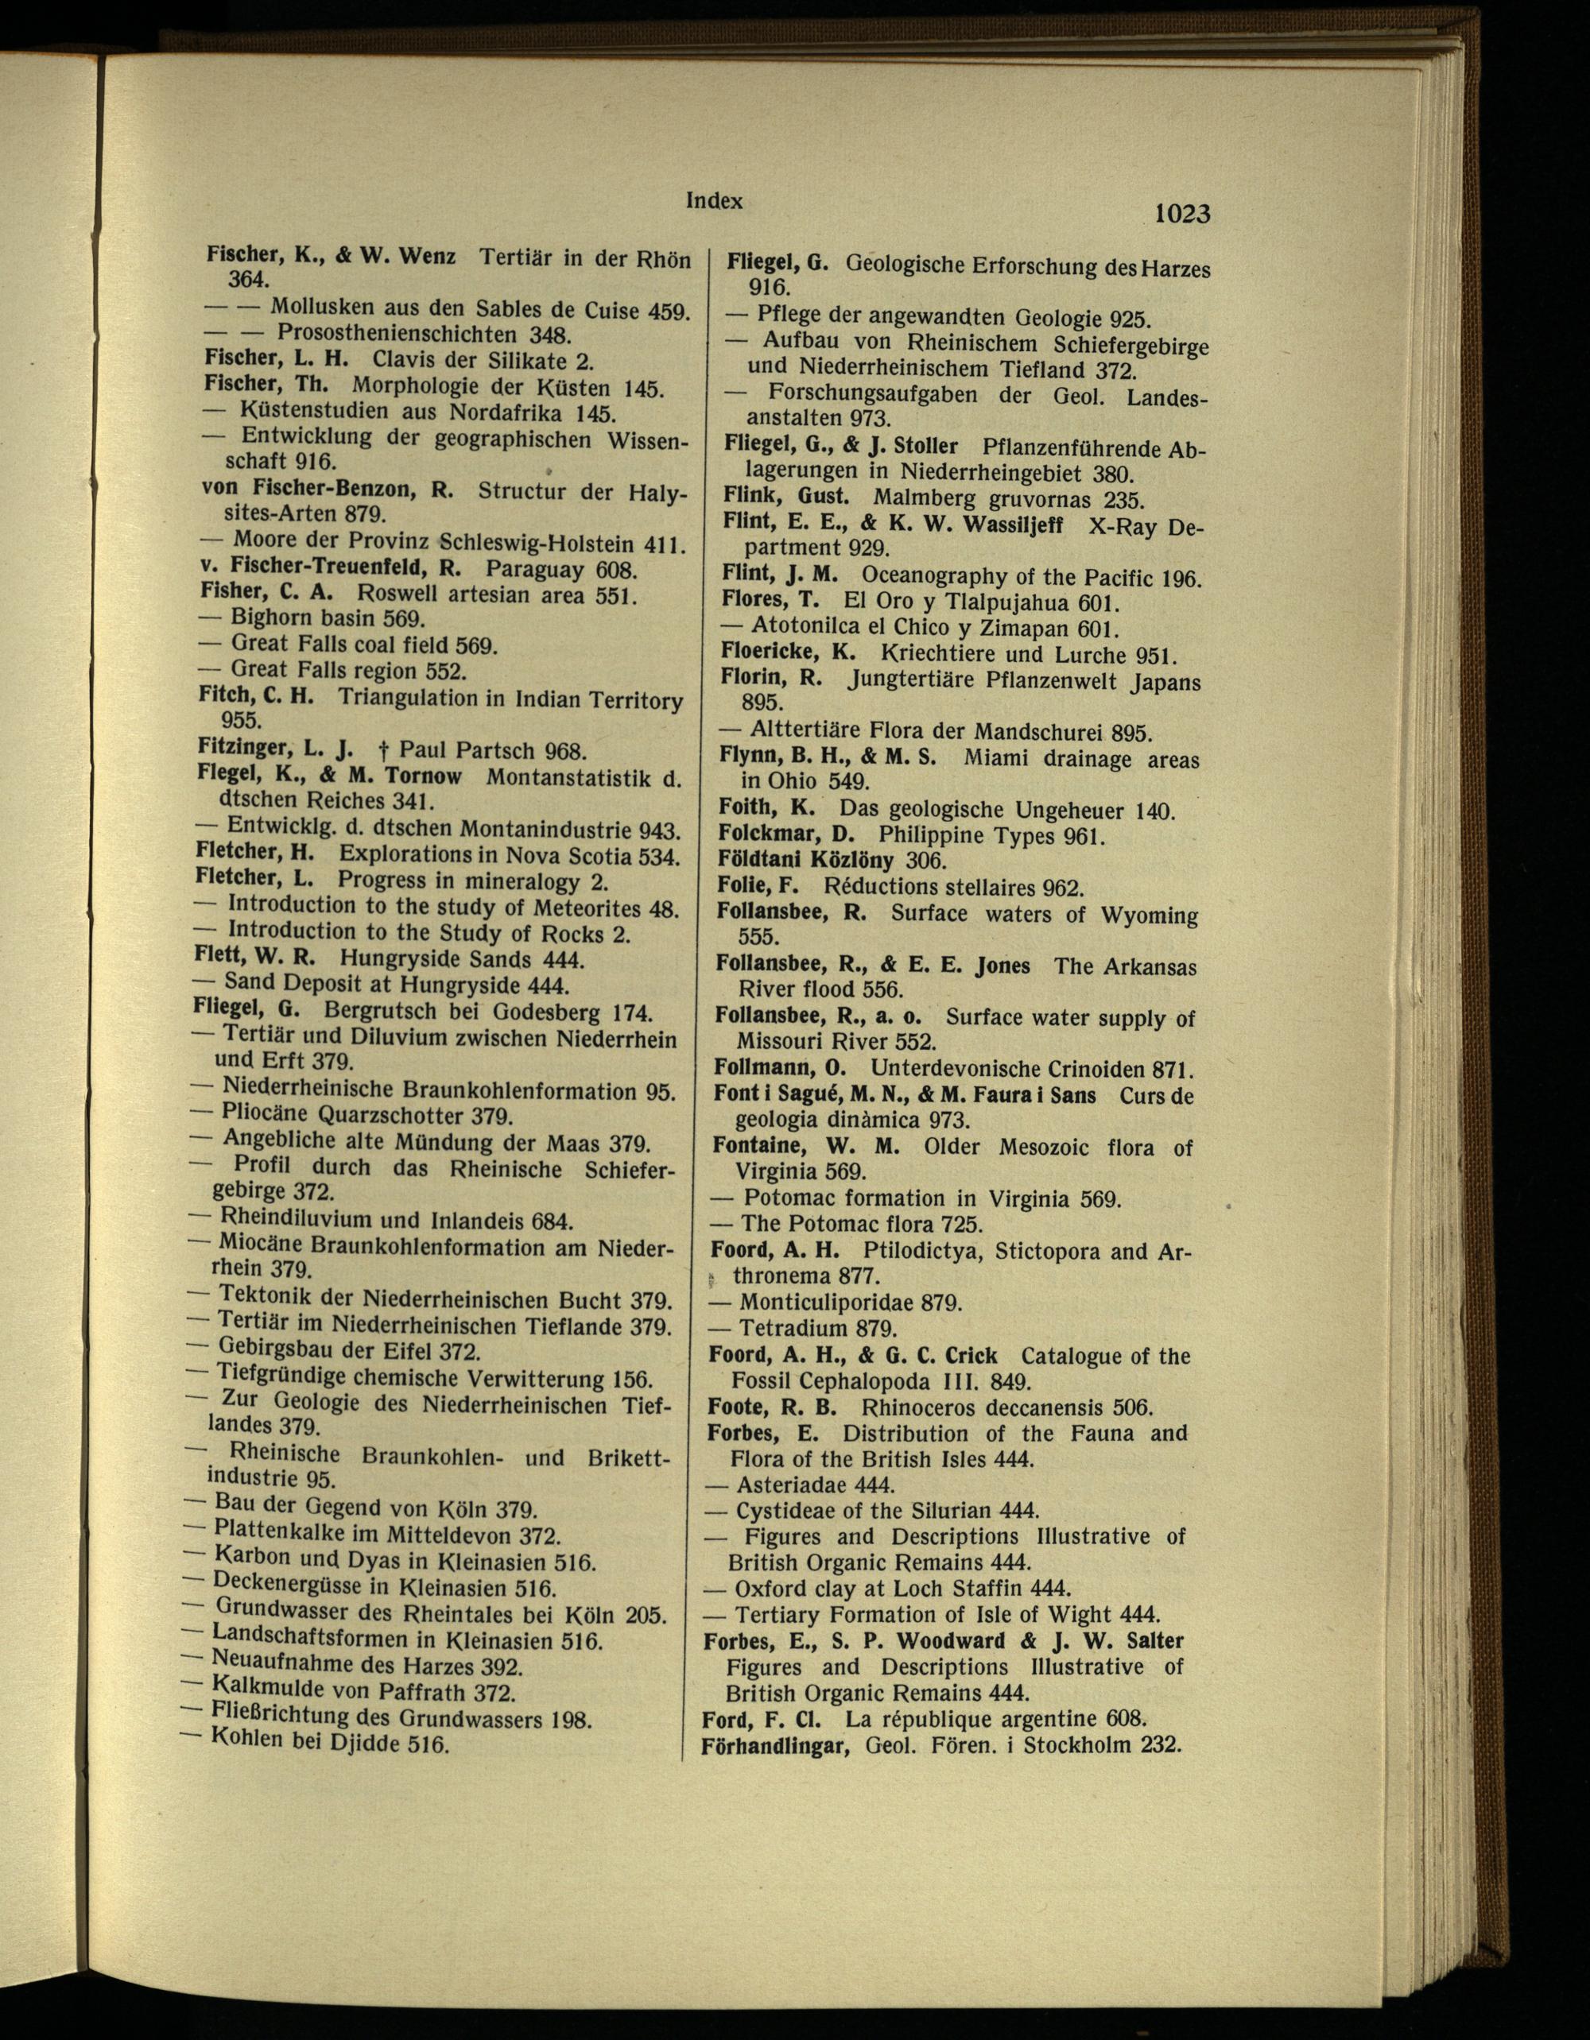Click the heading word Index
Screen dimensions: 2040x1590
715,200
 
